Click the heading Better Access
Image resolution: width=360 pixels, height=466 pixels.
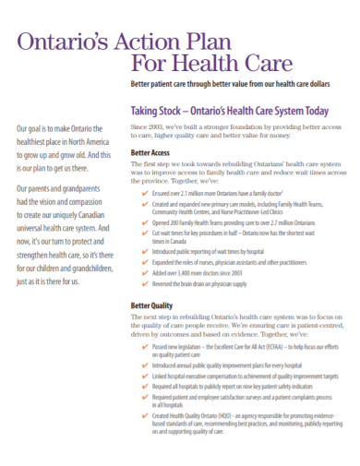pos(151,153)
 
